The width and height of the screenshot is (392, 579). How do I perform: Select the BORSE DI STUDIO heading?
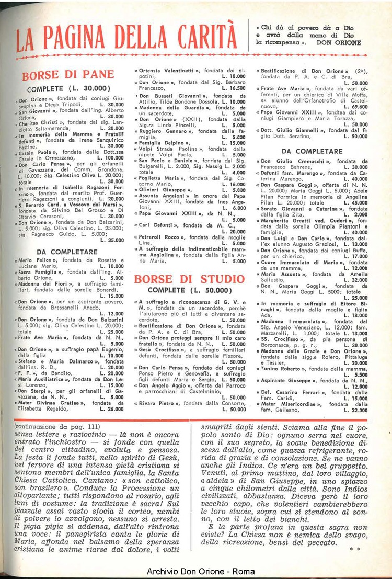click(x=190, y=279)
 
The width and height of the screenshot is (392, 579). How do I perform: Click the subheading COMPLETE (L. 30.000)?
click(x=68, y=88)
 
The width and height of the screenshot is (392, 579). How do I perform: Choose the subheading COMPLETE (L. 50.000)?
click(x=189, y=290)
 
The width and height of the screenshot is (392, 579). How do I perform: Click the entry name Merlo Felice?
click(x=36, y=260)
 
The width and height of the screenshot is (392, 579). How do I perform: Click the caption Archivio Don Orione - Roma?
click(x=195, y=571)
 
